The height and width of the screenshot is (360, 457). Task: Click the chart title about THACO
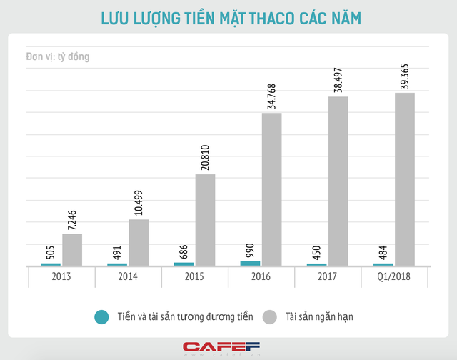[x=228, y=19]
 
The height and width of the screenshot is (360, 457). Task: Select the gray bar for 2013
[x=72, y=249]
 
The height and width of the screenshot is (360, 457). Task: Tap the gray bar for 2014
[x=139, y=242]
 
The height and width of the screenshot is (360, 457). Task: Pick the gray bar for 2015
[x=205, y=220]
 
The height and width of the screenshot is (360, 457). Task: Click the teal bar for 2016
[x=250, y=264]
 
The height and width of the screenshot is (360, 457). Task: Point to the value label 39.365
[x=405, y=73]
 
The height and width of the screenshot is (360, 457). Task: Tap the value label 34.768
[x=272, y=93]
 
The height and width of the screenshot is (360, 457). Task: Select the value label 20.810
[x=206, y=154]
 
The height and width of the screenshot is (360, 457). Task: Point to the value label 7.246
[x=72, y=219]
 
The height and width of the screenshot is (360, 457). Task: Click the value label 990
[x=250, y=250]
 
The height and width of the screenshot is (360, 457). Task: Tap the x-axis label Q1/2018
[x=394, y=277]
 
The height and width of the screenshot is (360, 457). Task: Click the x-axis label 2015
[x=194, y=277]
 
